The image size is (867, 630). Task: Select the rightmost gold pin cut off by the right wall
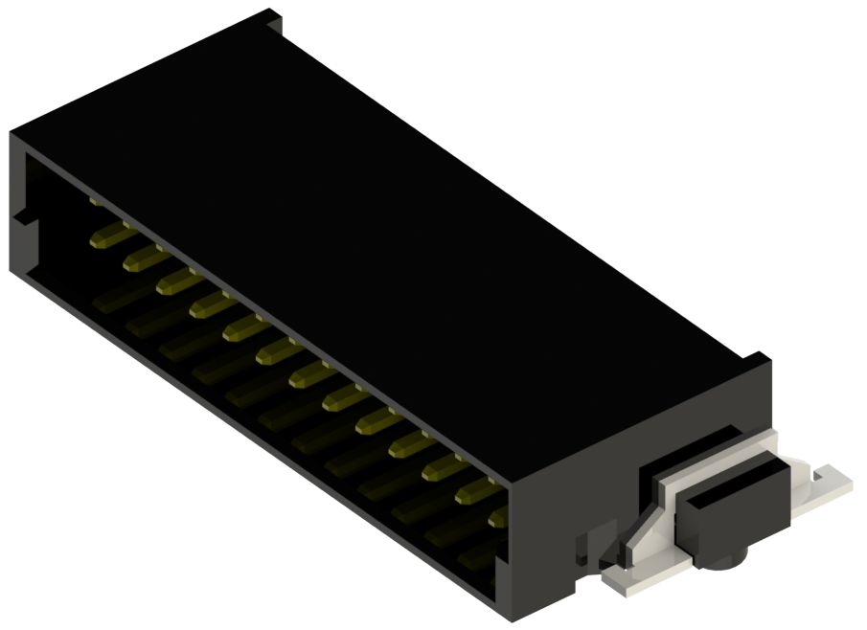tap(499, 518)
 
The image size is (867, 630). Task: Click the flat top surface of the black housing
tap(364, 220)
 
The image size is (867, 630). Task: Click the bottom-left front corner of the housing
tap(13, 274)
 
